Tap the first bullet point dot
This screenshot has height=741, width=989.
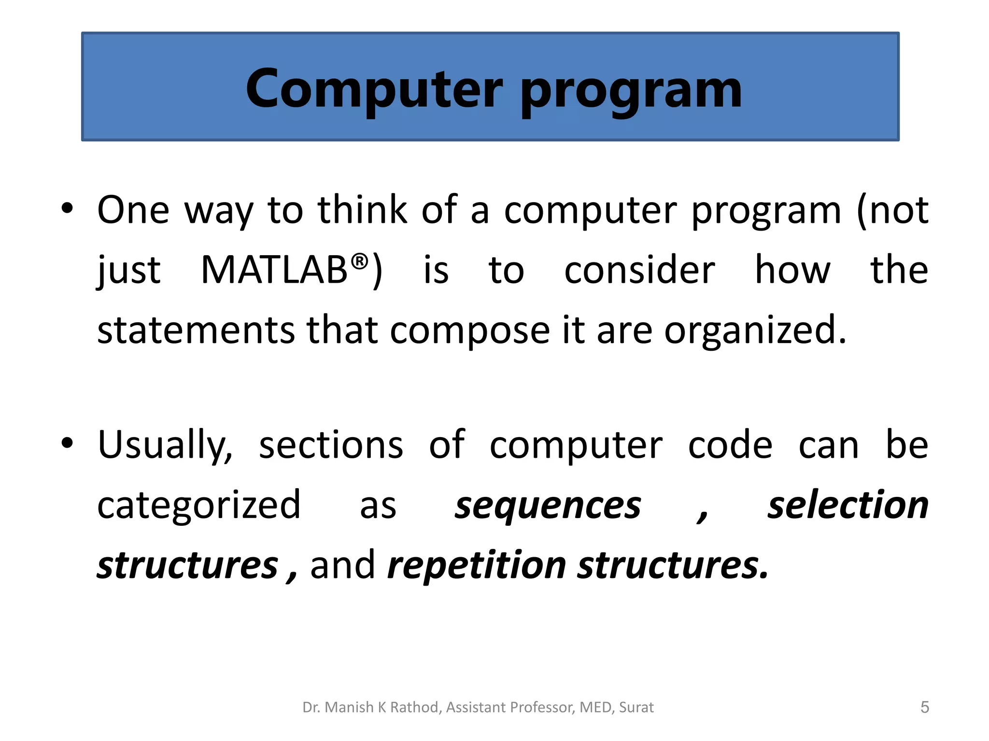pos(67,208)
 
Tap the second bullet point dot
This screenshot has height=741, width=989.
pos(67,442)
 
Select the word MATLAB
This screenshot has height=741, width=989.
pos(274,270)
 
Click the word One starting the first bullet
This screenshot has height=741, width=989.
pos(133,210)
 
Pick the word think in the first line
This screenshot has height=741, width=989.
pos(362,210)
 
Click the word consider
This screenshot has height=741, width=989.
pos(639,270)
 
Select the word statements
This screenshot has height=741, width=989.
pos(196,330)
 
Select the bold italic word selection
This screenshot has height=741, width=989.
pos(848,505)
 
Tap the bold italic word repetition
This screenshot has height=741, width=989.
pos(477,565)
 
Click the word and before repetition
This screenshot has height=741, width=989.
pos(342,565)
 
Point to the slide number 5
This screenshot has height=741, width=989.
pos(924,707)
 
